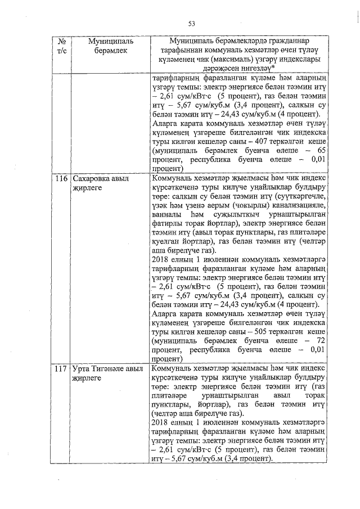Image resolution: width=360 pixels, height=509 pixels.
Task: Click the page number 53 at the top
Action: (191, 23)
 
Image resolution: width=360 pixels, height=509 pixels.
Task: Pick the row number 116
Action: (61, 179)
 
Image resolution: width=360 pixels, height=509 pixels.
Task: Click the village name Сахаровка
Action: (93, 179)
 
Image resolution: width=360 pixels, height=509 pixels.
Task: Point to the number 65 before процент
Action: (321, 151)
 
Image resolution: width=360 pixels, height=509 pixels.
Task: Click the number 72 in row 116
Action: (321, 341)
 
